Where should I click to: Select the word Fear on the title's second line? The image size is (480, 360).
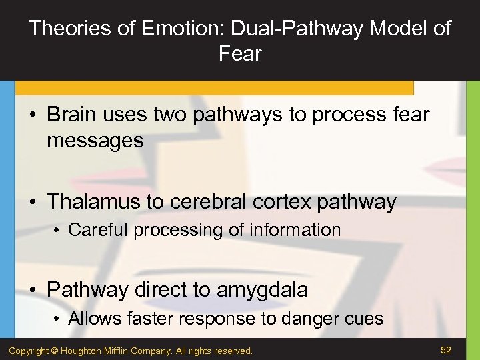(x=240, y=54)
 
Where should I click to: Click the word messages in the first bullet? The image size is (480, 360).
(x=95, y=141)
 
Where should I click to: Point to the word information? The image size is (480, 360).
(x=295, y=230)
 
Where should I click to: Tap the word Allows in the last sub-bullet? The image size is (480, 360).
(x=92, y=319)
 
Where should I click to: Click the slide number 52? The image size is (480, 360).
(x=447, y=349)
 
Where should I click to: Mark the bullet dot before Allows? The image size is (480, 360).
(x=59, y=319)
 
